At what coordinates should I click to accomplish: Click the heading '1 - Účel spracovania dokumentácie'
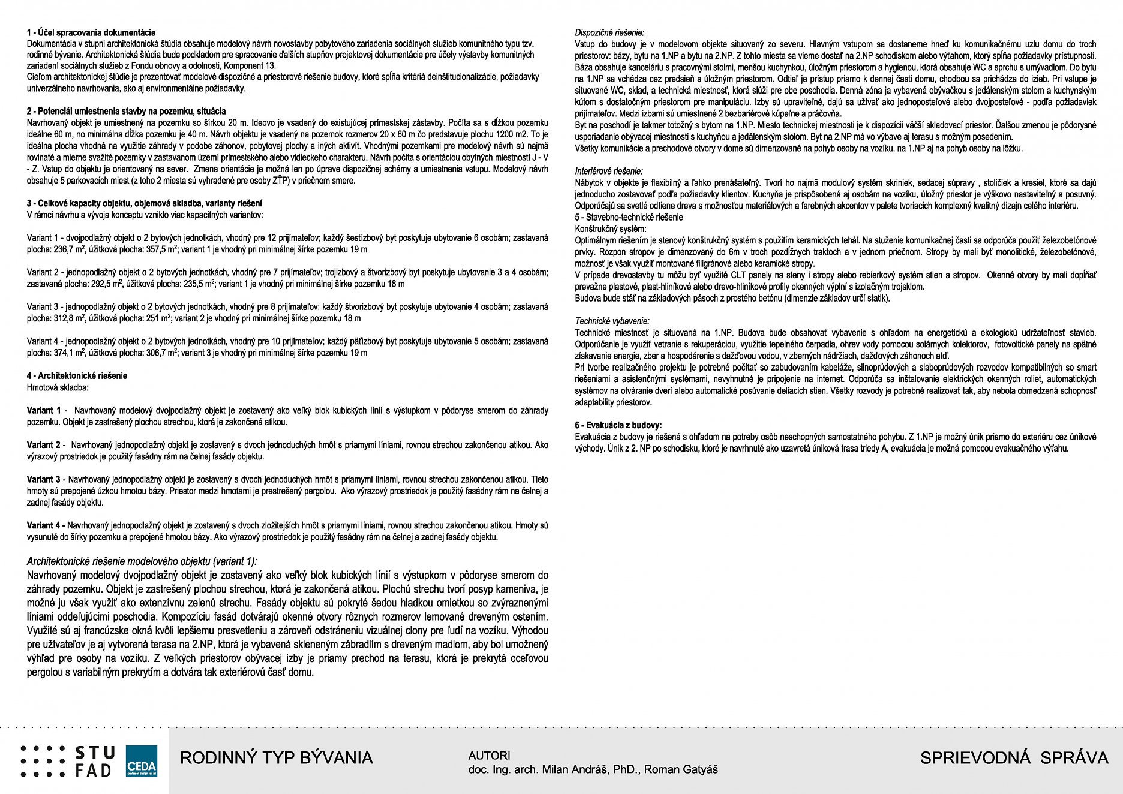(x=91, y=32)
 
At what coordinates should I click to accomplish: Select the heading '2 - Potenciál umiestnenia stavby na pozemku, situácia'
(x=126, y=112)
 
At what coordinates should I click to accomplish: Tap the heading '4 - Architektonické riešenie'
(x=77, y=376)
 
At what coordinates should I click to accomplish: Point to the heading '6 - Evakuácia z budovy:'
(x=618, y=426)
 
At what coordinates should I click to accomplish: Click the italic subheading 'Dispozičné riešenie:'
(x=609, y=33)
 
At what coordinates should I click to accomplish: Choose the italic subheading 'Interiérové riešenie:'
(x=609, y=172)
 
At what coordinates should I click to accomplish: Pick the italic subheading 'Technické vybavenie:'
(x=612, y=321)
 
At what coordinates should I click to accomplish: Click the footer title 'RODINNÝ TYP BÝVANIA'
(x=277, y=758)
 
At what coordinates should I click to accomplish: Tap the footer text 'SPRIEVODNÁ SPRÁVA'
(x=1014, y=758)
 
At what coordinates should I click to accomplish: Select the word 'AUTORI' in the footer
(x=489, y=756)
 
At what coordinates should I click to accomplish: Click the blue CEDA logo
(x=142, y=762)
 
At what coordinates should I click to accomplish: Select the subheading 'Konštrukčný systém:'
(x=611, y=229)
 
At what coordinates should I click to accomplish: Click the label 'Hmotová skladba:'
(x=58, y=387)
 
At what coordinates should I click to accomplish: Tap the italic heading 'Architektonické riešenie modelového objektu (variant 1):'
(x=142, y=561)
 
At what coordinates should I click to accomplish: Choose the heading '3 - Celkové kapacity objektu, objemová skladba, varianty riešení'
(x=144, y=203)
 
